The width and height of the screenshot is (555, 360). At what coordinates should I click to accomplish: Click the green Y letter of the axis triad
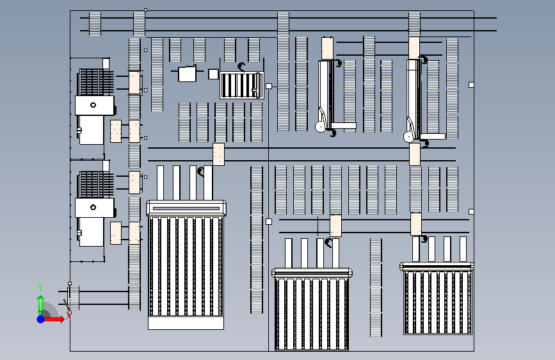[x=40, y=288]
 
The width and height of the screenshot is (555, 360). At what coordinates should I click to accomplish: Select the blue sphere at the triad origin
[x=40, y=318]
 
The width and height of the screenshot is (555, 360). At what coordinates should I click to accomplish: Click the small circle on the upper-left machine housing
[x=93, y=104]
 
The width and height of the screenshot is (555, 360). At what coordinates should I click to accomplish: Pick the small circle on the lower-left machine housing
[x=93, y=207]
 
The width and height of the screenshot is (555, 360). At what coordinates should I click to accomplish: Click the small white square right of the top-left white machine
[x=213, y=74]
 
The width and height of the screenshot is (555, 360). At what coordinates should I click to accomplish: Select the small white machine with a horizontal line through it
[x=187, y=74]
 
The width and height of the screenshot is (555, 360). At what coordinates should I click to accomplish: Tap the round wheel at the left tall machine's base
[x=320, y=126]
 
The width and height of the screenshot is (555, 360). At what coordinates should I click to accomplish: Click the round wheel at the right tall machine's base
[x=408, y=136]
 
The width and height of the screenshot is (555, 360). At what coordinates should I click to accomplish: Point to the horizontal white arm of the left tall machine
[x=343, y=126]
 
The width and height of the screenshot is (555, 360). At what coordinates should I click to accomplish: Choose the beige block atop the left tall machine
[x=327, y=47]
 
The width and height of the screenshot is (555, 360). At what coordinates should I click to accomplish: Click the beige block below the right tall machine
[x=415, y=154]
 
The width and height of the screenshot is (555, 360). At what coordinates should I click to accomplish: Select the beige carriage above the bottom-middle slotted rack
[x=335, y=225]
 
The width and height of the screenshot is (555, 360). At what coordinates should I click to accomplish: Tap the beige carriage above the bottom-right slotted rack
[x=416, y=224]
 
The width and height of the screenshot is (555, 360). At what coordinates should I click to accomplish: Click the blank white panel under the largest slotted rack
[x=186, y=323]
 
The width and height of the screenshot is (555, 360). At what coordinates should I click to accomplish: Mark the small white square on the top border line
[x=146, y=10]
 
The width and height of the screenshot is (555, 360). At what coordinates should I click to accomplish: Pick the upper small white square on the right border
[x=471, y=85]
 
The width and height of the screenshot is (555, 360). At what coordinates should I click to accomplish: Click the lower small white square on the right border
[x=471, y=211]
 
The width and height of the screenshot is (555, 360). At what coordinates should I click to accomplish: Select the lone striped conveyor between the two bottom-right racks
[x=376, y=287]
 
